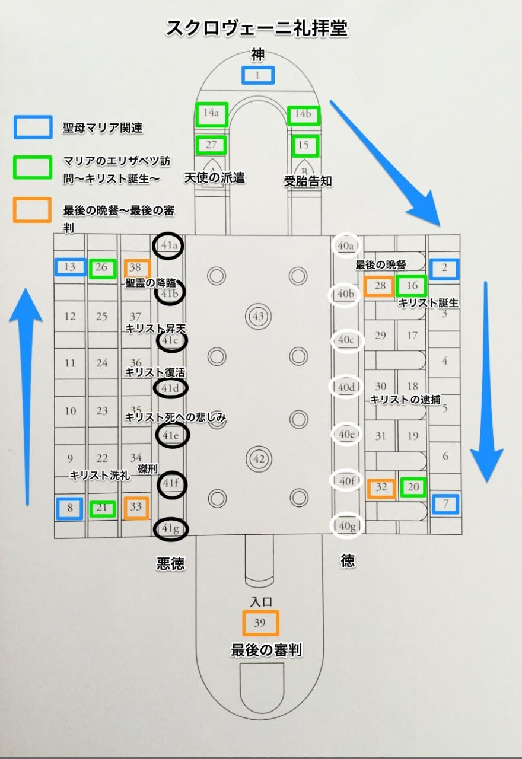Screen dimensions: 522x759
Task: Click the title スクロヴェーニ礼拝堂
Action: tap(257, 28)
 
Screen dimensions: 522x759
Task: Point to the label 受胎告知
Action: tap(308, 181)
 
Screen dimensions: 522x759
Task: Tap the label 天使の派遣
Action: tap(215, 177)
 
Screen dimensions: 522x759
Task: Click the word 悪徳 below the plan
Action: tap(170, 563)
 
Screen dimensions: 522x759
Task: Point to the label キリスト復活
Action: tap(155, 372)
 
